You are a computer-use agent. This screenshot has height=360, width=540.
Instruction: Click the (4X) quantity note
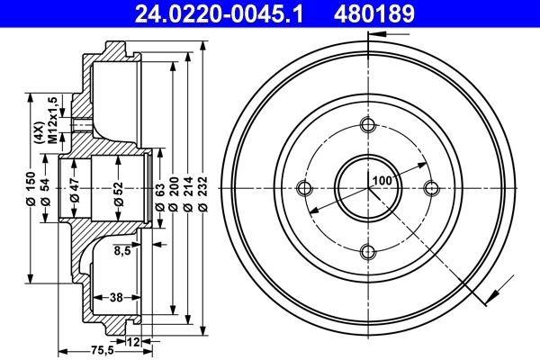click(x=39, y=133)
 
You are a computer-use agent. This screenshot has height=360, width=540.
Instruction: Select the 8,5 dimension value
click(x=122, y=252)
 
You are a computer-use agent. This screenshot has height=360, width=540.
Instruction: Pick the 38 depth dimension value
click(x=115, y=296)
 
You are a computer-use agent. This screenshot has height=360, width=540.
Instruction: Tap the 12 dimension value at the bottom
click(x=134, y=341)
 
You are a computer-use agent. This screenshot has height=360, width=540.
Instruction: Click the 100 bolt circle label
click(x=382, y=180)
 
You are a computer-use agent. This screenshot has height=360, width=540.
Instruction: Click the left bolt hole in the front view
click(x=303, y=188)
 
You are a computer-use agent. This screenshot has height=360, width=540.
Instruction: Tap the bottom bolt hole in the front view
click(x=367, y=252)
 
